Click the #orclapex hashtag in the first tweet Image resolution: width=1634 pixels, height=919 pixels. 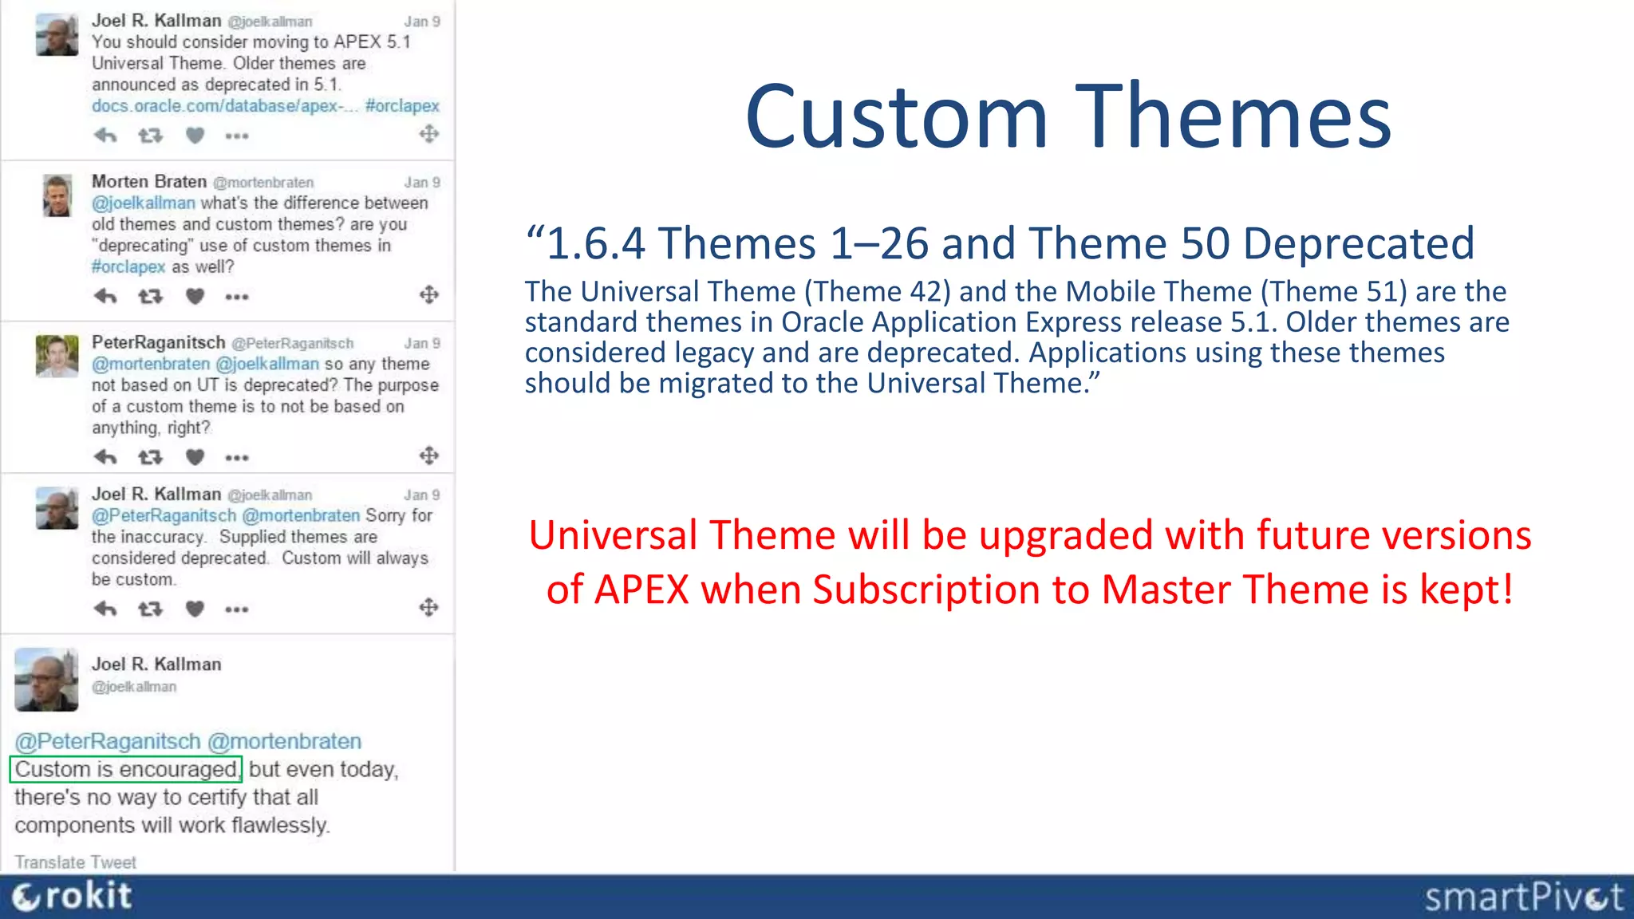point(402,106)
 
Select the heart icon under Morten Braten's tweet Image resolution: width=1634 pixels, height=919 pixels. point(195,297)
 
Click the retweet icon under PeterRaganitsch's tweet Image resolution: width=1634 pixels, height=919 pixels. point(150,457)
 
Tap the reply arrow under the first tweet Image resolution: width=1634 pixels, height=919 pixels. point(105,136)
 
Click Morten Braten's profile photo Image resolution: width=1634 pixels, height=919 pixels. point(57,195)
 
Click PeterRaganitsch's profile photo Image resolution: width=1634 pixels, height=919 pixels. point(57,356)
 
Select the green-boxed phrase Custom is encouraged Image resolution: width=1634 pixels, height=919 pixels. point(126,769)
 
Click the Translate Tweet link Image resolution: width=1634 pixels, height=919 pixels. point(75,862)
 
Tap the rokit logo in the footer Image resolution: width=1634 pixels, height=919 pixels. point(72,897)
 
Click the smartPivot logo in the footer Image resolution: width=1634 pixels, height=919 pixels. point(1523,897)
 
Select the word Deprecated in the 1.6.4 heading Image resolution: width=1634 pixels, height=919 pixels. point(1358,243)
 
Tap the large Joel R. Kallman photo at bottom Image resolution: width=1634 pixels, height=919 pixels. point(46,680)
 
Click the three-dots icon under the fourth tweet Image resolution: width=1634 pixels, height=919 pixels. point(237,609)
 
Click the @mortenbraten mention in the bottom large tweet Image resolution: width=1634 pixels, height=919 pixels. point(285,741)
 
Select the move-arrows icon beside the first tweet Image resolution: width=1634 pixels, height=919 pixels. point(429,134)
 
